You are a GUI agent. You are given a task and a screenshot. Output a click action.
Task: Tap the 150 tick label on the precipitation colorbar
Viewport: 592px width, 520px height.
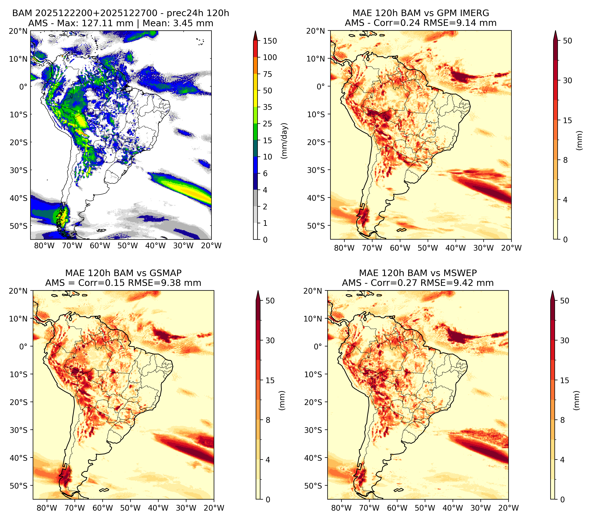pos(270,41)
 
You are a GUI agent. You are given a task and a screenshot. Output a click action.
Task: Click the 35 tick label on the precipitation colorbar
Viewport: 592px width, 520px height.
pos(268,107)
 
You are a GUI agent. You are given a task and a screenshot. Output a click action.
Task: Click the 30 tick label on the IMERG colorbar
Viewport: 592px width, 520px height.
pos(568,80)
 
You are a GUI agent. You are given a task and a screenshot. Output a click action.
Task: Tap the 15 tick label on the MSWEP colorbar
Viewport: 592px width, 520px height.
pos(565,380)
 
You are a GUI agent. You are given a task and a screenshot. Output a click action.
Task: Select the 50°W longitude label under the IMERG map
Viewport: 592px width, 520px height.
pos(428,248)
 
